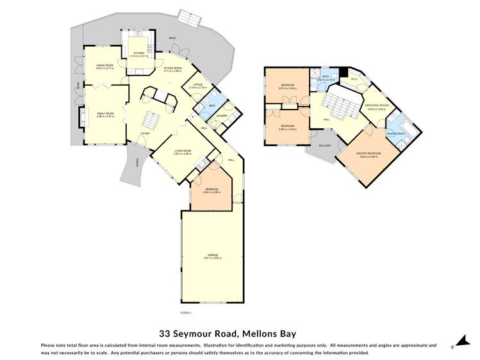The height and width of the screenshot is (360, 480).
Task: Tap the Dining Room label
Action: coord(104,65)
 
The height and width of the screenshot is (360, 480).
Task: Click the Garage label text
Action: coord(212,255)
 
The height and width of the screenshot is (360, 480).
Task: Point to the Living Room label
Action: coord(183,151)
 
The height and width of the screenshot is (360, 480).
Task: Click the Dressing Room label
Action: coord(376,106)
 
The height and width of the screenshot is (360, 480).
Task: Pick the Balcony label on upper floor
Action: coord(325,145)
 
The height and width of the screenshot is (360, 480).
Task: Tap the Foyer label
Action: coord(146,134)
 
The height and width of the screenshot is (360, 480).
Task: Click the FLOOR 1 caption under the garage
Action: coord(186,312)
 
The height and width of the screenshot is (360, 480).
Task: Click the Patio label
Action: coord(172,38)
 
